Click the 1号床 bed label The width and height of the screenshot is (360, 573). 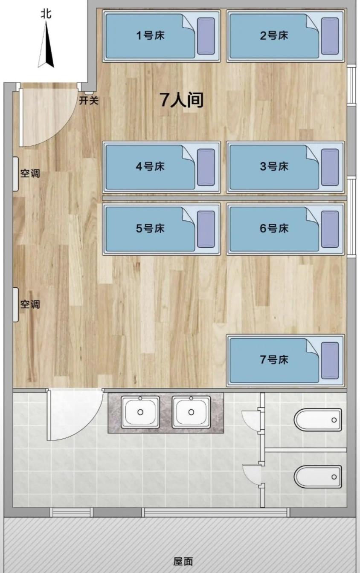point(150,35)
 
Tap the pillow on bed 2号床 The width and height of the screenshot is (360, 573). point(330,36)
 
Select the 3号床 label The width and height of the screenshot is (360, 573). point(274,166)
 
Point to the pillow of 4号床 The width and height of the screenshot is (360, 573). point(206,167)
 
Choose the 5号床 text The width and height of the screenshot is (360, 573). point(150,229)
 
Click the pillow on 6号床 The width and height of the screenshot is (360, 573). point(330,229)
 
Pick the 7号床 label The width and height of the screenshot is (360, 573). point(274,360)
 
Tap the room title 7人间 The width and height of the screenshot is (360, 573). point(181,100)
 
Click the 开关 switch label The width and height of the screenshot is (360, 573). point(89,101)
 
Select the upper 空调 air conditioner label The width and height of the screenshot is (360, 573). point(30,174)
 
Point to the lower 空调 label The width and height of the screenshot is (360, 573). point(30,304)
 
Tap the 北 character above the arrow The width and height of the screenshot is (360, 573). point(46,14)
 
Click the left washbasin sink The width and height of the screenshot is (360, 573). point(140,412)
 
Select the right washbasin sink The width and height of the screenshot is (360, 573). point(191,412)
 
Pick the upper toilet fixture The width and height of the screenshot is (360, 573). point(318,420)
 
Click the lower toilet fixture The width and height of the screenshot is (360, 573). point(318,477)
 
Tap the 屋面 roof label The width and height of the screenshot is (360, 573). point(183,561)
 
